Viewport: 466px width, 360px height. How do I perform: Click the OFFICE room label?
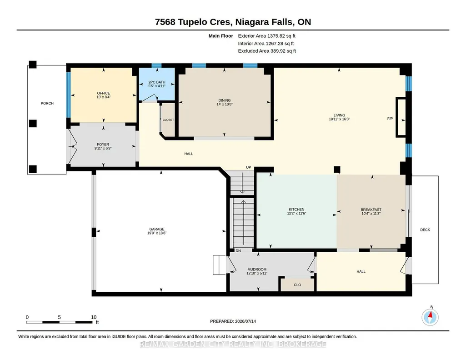(x=103, y=93)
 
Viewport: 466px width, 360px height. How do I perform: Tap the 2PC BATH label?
(x=156, y=82)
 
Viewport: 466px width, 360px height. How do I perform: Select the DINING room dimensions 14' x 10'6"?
(x=225, y=104)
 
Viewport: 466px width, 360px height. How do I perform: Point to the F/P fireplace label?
(x=390, y=119)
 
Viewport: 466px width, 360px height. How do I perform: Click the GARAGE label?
(x=156, y=229)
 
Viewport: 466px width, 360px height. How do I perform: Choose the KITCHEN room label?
(x=296, y=210)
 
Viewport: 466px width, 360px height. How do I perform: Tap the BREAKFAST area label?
(x=371, y=210)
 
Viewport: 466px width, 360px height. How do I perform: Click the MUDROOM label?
(x=257, y=270)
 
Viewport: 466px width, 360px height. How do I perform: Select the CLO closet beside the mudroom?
(x=297, y=285)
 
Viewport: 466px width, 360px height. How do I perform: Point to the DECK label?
(x=425, y=230)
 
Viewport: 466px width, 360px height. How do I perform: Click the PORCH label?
(x=47, y=103)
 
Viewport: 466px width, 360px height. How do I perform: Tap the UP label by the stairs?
(x=248, y=167)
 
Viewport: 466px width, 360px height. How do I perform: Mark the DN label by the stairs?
(x=238, y=251)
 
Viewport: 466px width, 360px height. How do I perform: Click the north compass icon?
(x=430, y=317)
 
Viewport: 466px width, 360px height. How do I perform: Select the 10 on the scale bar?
(x=94, y=317)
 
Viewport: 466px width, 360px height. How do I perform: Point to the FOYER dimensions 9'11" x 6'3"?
(x=103, y=148)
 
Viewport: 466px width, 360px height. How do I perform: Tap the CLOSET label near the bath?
(x=168, y=120)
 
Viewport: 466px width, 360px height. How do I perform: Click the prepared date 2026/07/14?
(x=246, y=321)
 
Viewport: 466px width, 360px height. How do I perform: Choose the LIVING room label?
(x=339, y=115)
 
